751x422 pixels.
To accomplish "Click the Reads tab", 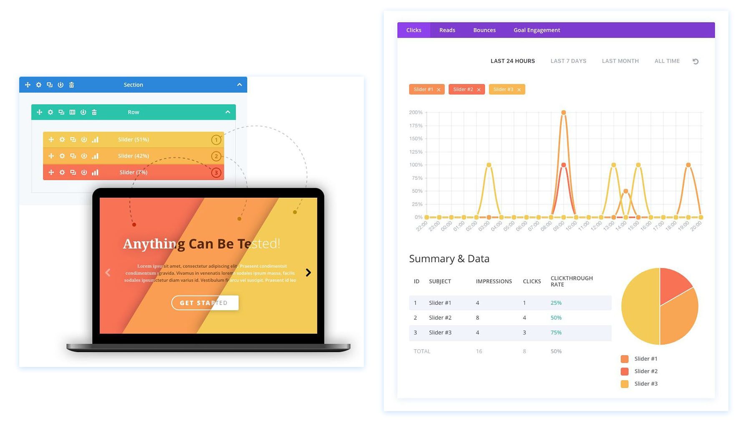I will click(447, 30).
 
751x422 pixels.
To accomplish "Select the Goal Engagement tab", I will click(537, 30).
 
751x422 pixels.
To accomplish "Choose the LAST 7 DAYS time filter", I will click(568, 61).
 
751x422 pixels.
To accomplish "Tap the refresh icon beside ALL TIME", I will click(696, 61).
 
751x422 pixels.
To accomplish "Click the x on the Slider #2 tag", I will click(479, 90).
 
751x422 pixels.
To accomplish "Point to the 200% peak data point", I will click(563, 112).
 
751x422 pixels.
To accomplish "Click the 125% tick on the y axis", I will click(416, 152).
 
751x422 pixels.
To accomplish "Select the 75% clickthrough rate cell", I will click(556, 332).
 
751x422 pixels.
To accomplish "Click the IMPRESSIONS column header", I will click(494, 281).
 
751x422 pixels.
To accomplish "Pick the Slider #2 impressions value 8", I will click(477, 317).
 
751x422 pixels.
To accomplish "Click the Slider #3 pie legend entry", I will click(645, 384).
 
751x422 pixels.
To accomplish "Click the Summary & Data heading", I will click(449, 259).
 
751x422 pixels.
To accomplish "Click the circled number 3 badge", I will click(216, 172).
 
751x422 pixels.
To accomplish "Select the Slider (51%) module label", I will click(133, 140).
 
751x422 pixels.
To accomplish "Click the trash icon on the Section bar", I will click(71, 85).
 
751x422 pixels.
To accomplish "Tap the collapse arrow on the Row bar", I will click(228, 112).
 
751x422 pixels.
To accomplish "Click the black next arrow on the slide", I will click(308, 272).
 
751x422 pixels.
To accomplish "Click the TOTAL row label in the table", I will click(422, 351).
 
